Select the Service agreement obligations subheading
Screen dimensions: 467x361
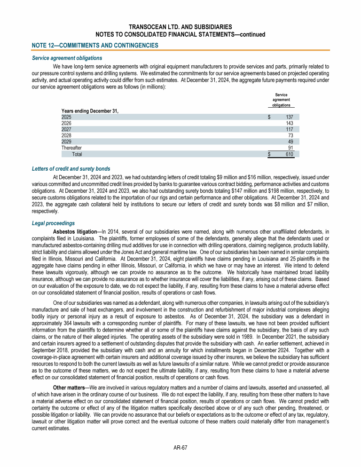[67, 58]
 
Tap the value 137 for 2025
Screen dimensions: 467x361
[289, 117]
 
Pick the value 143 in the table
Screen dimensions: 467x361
[290, 123]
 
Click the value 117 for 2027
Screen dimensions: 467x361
[290, 129]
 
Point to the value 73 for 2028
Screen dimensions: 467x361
[291, 135]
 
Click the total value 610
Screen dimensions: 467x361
[290, 154]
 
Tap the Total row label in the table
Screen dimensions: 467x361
[77, 154]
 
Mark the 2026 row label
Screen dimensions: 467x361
[67, 123]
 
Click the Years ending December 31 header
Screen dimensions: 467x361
[90, 111]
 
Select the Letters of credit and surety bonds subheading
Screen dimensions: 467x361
[71, 168]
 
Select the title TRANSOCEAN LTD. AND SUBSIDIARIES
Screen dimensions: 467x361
[180, 27]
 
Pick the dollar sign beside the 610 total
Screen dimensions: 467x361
[269, 154]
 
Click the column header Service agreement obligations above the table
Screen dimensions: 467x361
[281, 100]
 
